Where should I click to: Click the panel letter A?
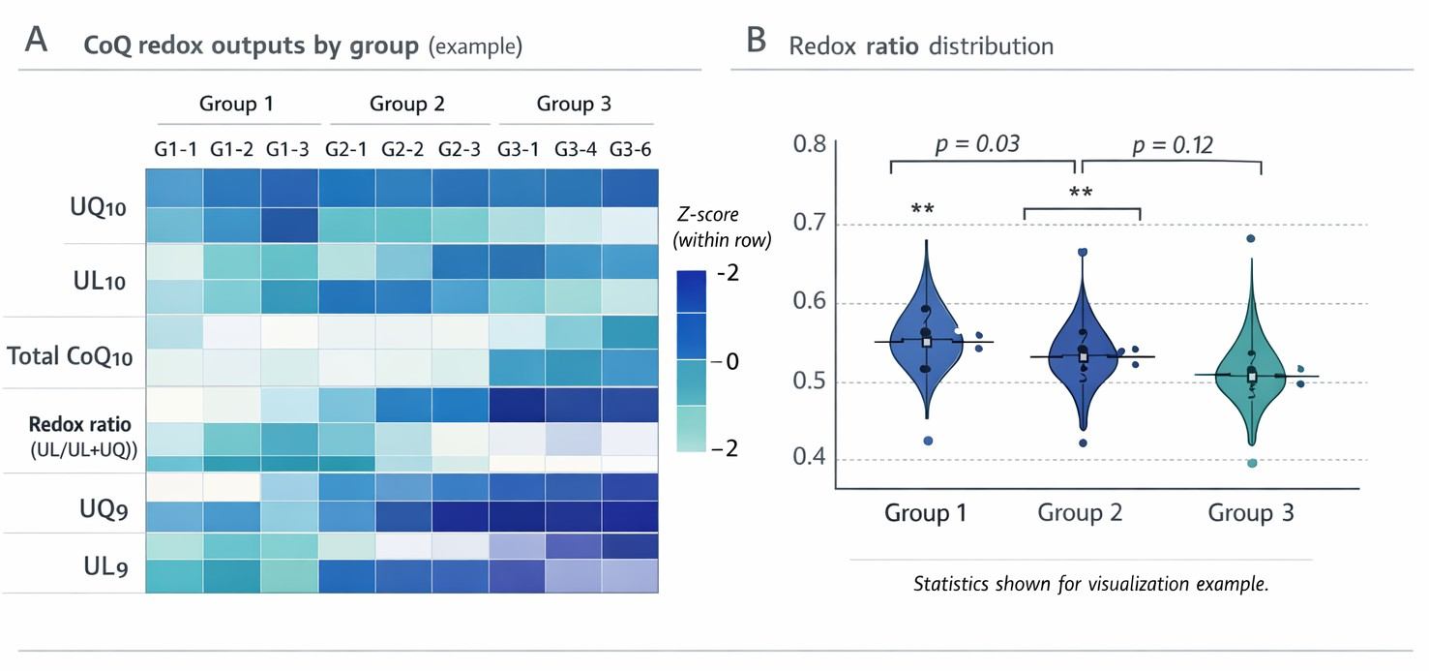point(36,42)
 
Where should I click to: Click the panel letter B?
point(757,42)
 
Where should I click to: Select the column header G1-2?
point(230,150)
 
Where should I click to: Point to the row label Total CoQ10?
point(70,356)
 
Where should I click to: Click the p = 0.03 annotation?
point(977,144)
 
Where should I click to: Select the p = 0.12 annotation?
point(1173,144)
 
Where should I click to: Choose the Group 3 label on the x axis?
point(1250,512)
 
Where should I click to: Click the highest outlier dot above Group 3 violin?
point(1251,238)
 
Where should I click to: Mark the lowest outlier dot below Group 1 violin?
point(928,441)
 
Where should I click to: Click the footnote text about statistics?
point(1090,584)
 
